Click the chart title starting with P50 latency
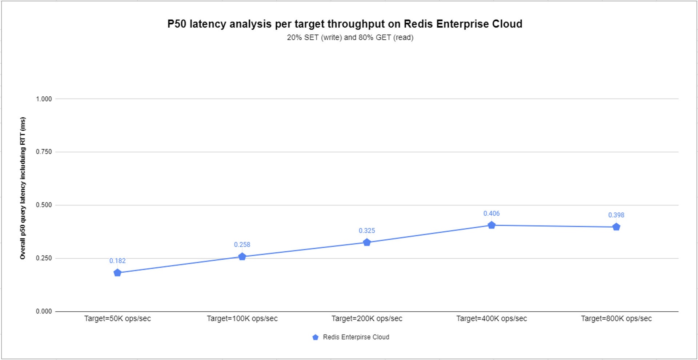click(345, 24)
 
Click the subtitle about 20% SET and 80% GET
click(350, 37)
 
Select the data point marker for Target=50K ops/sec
click(117, 273)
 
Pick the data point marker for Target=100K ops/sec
click(242, 257)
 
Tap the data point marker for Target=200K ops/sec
click(367, 243)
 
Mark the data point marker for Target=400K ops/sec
click(492, 225)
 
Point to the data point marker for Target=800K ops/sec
click(616, 227)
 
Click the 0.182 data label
click(117, 261)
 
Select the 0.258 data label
click(242, 245)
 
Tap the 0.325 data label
click(367, 231)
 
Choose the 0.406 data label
click(492, 213)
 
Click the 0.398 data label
click(616, 215)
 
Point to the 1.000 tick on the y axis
click(44, 99)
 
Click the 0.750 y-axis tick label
click(44, 152)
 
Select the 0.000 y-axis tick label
click(44, 311)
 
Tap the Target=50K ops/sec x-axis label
click(117, 319)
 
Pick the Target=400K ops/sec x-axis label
click(492, 319)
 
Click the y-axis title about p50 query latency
click(23, 188)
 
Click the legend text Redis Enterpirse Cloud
click(356, 337)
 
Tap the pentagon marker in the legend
click(316, 337)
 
